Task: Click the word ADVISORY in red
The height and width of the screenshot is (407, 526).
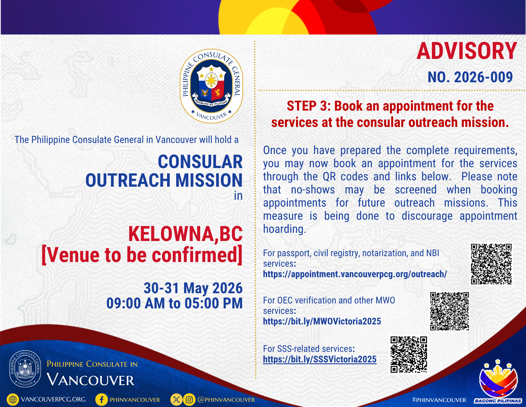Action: (x=467, y=51)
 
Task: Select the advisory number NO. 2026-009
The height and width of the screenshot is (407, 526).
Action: (x=470, y=77)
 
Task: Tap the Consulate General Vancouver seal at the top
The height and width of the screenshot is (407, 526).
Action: (x=211, y=86)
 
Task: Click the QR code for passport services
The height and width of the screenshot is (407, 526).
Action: (x=491, y=264)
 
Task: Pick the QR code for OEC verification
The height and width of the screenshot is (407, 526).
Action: (x=449, y=311)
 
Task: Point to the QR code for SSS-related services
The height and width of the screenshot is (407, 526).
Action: (x=409, y=354)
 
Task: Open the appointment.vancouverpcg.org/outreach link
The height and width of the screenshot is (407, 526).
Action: (x=355, y=274)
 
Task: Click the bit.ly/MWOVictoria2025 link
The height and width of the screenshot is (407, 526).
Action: (x=322, y=321)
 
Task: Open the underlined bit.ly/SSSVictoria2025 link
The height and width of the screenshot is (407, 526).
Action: (x=320, y=359)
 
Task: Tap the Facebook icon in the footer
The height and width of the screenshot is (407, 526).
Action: (x=101, y=399)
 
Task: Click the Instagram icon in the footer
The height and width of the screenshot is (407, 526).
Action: (x=189, y=399)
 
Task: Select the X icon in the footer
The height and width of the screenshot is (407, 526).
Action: (x=177, y=399)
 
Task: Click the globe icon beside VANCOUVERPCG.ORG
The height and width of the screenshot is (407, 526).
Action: (x=13, y=399)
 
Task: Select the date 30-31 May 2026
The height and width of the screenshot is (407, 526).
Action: (x=193, y=288)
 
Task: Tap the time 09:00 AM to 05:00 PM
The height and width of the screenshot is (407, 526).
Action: (x=174, y=303)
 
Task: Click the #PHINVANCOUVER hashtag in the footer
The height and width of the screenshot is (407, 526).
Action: (x=439, y=400)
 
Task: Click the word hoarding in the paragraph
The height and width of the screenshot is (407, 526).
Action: (x=285, y=229)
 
